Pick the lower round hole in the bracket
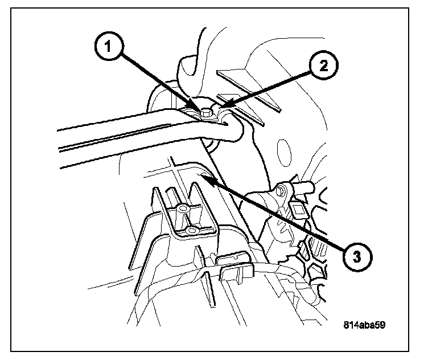point(192,230)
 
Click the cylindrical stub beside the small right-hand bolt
point(304,186)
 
